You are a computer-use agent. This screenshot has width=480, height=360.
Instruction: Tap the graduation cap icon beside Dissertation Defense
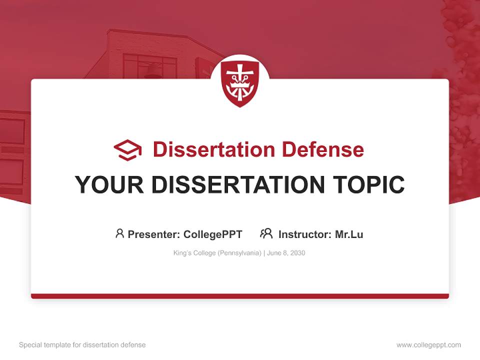click(127, 150)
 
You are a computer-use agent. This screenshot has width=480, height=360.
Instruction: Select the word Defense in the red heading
click(322, 149)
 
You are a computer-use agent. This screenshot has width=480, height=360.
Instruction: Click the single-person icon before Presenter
click(119, 233)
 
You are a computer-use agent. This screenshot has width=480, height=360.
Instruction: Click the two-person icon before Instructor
click(266, 233)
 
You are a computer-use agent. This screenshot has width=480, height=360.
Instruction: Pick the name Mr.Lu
click(349, 234)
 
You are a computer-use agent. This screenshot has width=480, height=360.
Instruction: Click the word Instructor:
click(305, 234)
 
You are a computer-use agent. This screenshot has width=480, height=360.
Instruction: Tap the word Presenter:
click(154, 234)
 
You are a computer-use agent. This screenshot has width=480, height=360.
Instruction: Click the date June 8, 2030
click(286, 253)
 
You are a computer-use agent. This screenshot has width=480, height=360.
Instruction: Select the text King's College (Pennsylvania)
click(217, 253)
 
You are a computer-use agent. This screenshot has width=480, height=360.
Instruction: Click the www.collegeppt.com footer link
click(428, 345)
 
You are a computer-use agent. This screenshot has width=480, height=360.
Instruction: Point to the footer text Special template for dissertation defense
click(82, 345)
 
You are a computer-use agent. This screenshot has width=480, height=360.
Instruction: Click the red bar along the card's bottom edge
click(240, 296)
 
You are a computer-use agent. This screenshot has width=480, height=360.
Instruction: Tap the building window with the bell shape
click(150, 68)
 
